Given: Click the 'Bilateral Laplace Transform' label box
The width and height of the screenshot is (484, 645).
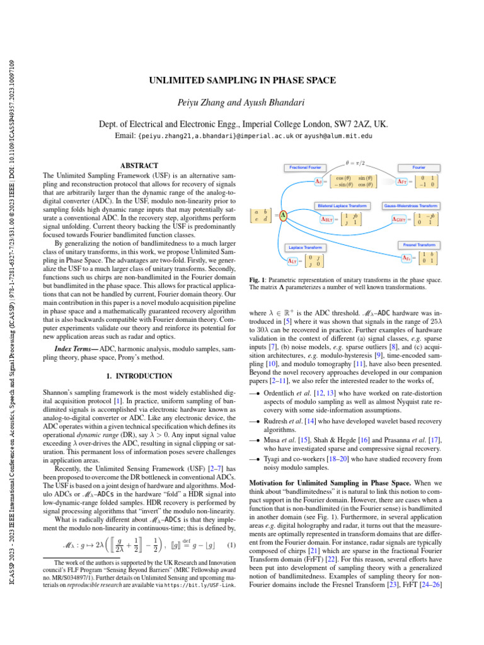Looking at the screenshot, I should click(x=341, y=206).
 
